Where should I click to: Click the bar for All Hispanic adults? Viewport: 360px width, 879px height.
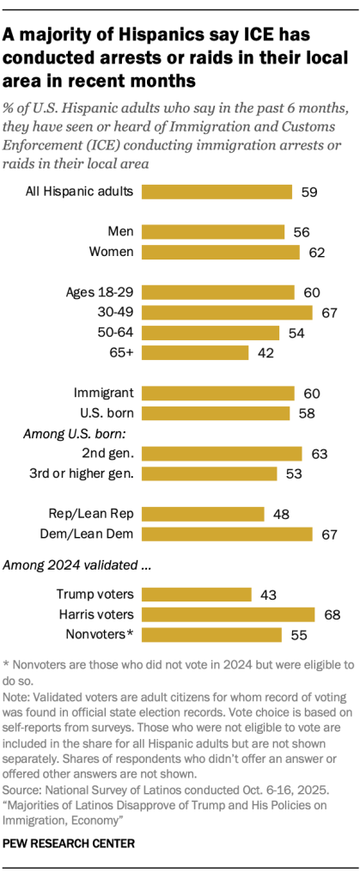click(x=217, y=192)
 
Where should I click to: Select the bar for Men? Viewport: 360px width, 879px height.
click(x=212, y=231)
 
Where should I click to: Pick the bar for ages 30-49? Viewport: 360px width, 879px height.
click(x=226, y=312)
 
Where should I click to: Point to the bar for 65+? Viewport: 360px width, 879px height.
click(x=194, y=352)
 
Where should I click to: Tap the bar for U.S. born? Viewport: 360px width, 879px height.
click(x=215, y=413)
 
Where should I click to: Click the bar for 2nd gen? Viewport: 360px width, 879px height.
click(x=221, y=454)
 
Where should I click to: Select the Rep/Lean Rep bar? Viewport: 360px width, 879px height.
click(x=202, y=514)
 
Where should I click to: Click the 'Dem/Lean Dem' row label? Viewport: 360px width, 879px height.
click(x=89, y=534)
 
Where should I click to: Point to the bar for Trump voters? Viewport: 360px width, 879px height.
click(x=196, y=594)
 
